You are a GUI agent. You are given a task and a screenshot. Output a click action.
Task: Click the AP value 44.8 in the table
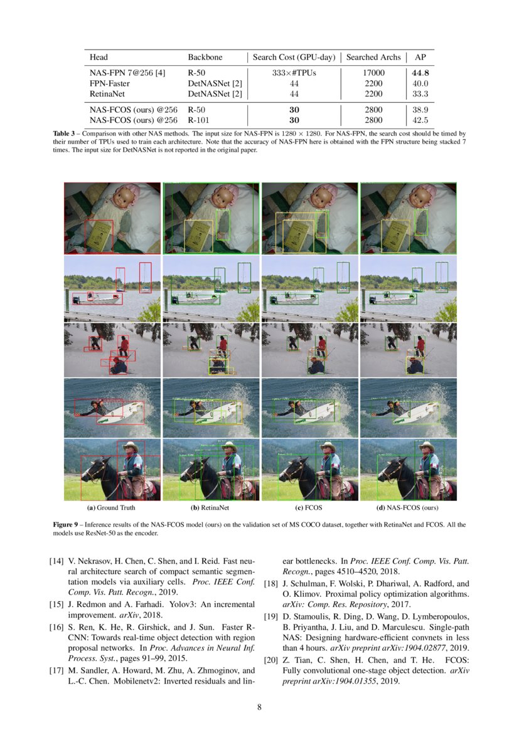coord(420,73)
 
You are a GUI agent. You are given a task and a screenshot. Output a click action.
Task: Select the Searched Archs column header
coord(373,57)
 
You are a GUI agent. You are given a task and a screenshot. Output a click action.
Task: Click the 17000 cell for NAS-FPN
coord(373,73)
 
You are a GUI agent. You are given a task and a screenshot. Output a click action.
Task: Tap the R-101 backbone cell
coord(200,120)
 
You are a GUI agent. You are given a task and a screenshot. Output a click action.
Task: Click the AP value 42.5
coord(420,120)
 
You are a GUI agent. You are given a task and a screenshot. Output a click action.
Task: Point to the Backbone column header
coord(205,57)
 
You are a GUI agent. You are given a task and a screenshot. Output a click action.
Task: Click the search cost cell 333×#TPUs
coord(294,73)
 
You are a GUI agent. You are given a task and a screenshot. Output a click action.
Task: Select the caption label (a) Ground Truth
coord(111,507)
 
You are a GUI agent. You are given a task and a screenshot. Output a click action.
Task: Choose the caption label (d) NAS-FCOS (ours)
coord(407,507)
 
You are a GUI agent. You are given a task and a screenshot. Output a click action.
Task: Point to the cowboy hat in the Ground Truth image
coord(131,446)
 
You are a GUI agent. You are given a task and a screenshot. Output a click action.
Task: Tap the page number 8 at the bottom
coord(259,707)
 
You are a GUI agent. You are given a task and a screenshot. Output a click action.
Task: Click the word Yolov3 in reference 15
coord(172,604)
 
